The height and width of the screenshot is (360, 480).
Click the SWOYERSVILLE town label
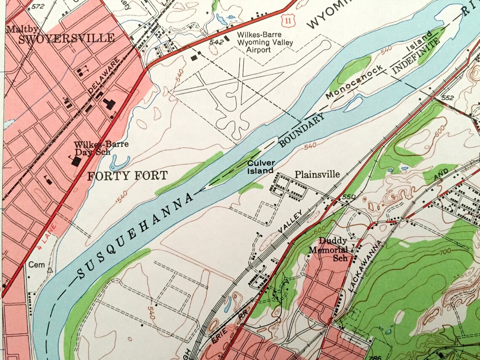[67, 38]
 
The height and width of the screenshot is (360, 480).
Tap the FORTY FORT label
[127, 176]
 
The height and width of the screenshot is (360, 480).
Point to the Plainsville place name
[317, 174]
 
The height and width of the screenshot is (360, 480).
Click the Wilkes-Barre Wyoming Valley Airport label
[254, 42]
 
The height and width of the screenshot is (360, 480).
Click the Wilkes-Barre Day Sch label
[101, 148]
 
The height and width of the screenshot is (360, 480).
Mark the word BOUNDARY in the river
[302, 131]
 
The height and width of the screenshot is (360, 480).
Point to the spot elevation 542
[216, 42]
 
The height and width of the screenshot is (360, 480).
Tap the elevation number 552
[448, 98]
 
